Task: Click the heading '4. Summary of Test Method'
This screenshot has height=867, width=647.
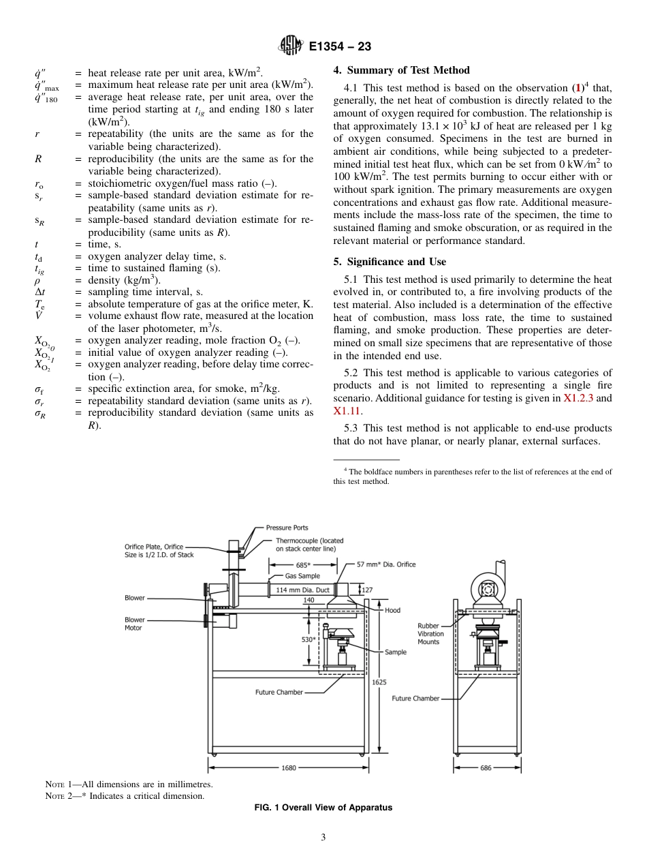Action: (401, 70)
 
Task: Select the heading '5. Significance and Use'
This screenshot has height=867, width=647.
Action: (387, 262)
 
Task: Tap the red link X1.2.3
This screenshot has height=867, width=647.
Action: (580, 398)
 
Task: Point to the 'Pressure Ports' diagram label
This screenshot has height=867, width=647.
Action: (287, 528)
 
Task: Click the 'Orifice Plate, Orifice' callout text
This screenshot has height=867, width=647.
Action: (154, 547)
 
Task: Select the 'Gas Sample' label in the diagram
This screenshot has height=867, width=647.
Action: (302, 576)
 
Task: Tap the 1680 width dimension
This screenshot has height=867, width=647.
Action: (289, 767)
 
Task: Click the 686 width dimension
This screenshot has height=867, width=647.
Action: (486, 767)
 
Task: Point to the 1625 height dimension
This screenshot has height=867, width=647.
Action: (379, 681)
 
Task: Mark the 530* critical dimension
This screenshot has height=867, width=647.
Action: (309, 639)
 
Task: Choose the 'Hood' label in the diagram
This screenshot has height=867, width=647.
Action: (393, 610)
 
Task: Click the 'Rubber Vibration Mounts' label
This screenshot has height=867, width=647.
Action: (430, 634)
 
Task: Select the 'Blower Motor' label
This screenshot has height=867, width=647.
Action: (134, 624)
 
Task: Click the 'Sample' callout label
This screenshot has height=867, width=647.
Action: (396, 652)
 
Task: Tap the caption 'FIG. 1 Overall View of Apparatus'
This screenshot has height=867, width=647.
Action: (323, 808)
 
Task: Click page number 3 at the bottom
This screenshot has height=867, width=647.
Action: (323, 838)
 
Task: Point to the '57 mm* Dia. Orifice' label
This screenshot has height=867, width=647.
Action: (386, 564)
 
